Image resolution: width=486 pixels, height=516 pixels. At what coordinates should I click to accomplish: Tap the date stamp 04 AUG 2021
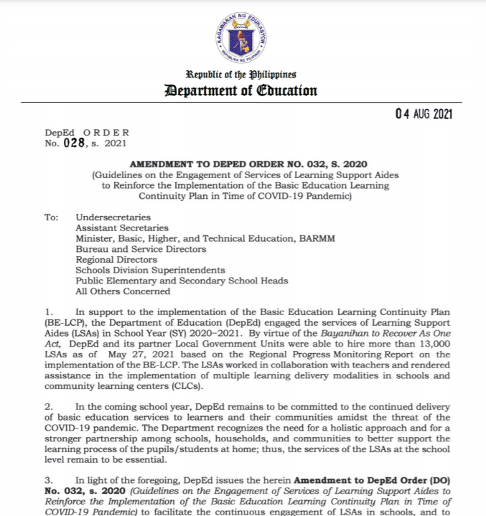point(424,114)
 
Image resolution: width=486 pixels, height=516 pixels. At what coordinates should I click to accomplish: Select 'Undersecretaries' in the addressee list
point(113,217)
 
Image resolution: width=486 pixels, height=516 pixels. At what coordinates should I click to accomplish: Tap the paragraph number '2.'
point(49,406)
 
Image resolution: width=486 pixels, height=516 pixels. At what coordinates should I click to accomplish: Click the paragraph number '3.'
point(49,480)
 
